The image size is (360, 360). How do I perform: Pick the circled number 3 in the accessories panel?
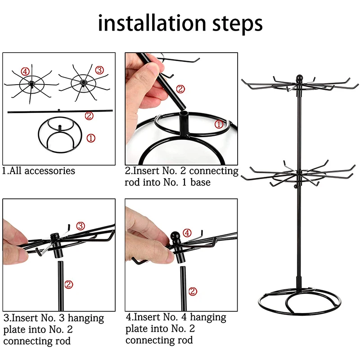99,70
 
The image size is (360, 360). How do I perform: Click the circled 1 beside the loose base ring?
91,139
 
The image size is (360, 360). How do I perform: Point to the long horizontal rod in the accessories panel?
45,111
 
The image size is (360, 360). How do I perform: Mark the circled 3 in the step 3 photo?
80,225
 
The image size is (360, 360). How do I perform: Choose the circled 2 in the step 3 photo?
68,284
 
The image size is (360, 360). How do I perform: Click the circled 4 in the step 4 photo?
187,233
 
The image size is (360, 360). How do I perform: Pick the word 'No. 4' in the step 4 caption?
179,318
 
